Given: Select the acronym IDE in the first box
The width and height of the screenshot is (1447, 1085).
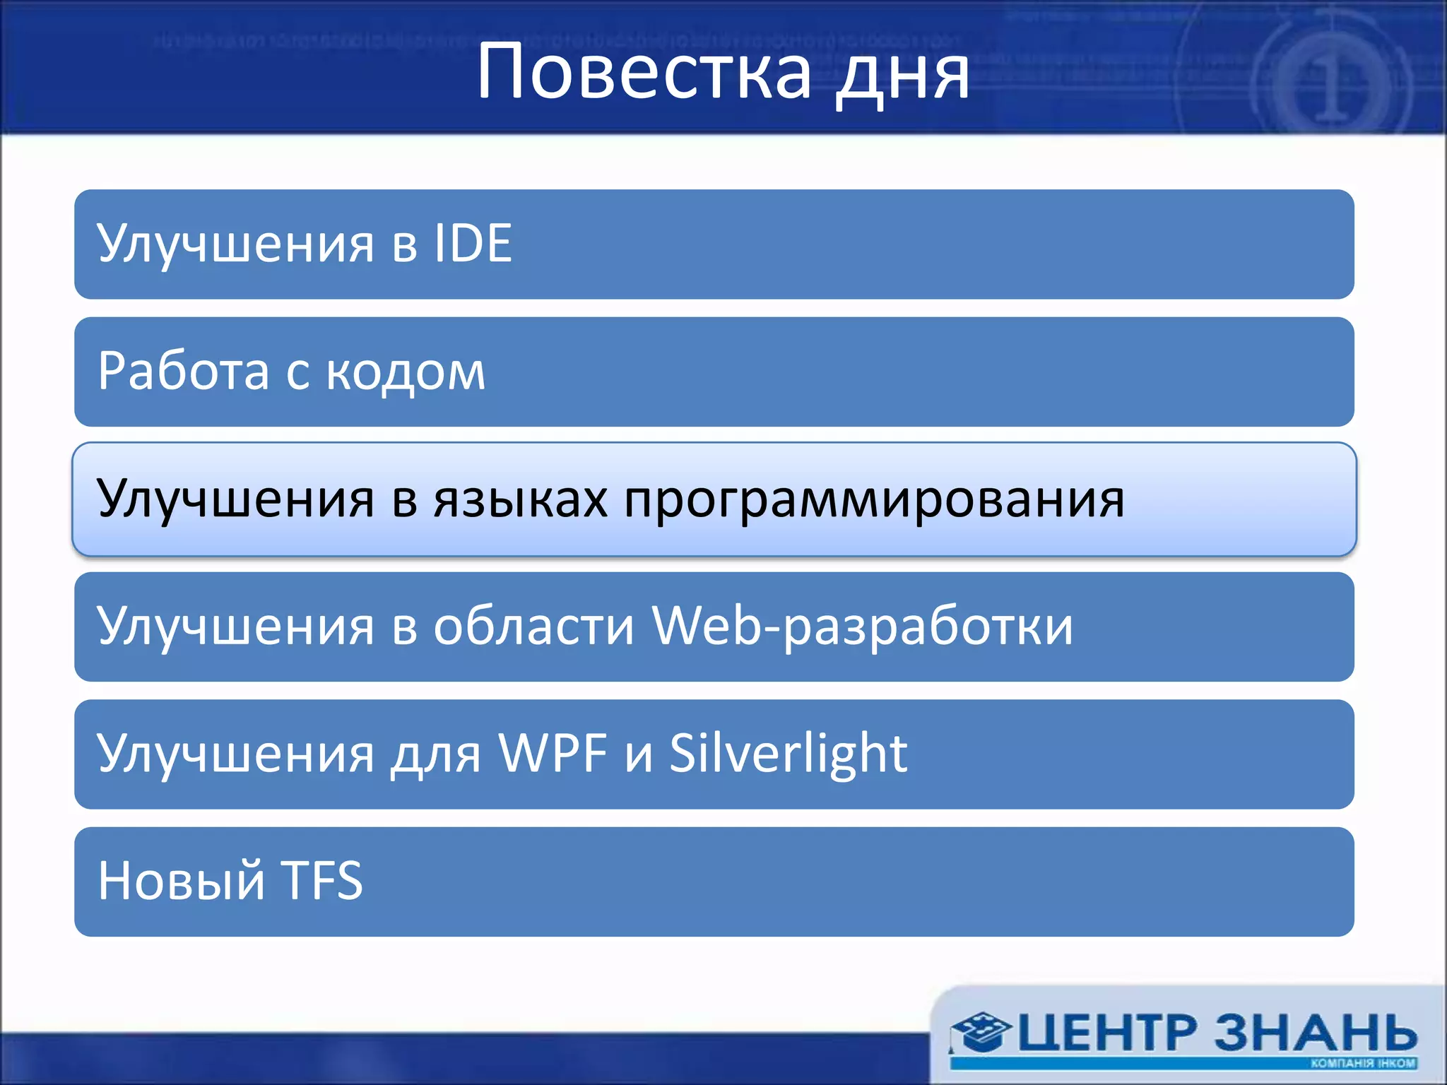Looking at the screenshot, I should (473, 244).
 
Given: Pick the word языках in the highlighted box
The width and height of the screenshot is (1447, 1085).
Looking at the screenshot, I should (521, 499).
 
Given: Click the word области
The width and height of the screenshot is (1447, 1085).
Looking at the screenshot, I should (533, 626).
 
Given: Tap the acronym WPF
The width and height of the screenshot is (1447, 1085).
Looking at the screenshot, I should (553, 753).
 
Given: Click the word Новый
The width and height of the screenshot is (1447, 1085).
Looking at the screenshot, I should (181, 882).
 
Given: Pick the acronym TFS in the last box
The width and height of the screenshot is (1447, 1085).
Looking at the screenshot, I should (322, 881).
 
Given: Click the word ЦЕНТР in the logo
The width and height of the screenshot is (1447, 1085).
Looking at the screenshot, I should (1106, 1033).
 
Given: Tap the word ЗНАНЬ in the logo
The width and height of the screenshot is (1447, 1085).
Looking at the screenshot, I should (1316, 1033).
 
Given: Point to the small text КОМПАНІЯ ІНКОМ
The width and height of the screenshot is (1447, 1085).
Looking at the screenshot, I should (1363, 1063).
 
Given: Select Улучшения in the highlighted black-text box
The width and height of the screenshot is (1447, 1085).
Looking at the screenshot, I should (235, 499).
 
